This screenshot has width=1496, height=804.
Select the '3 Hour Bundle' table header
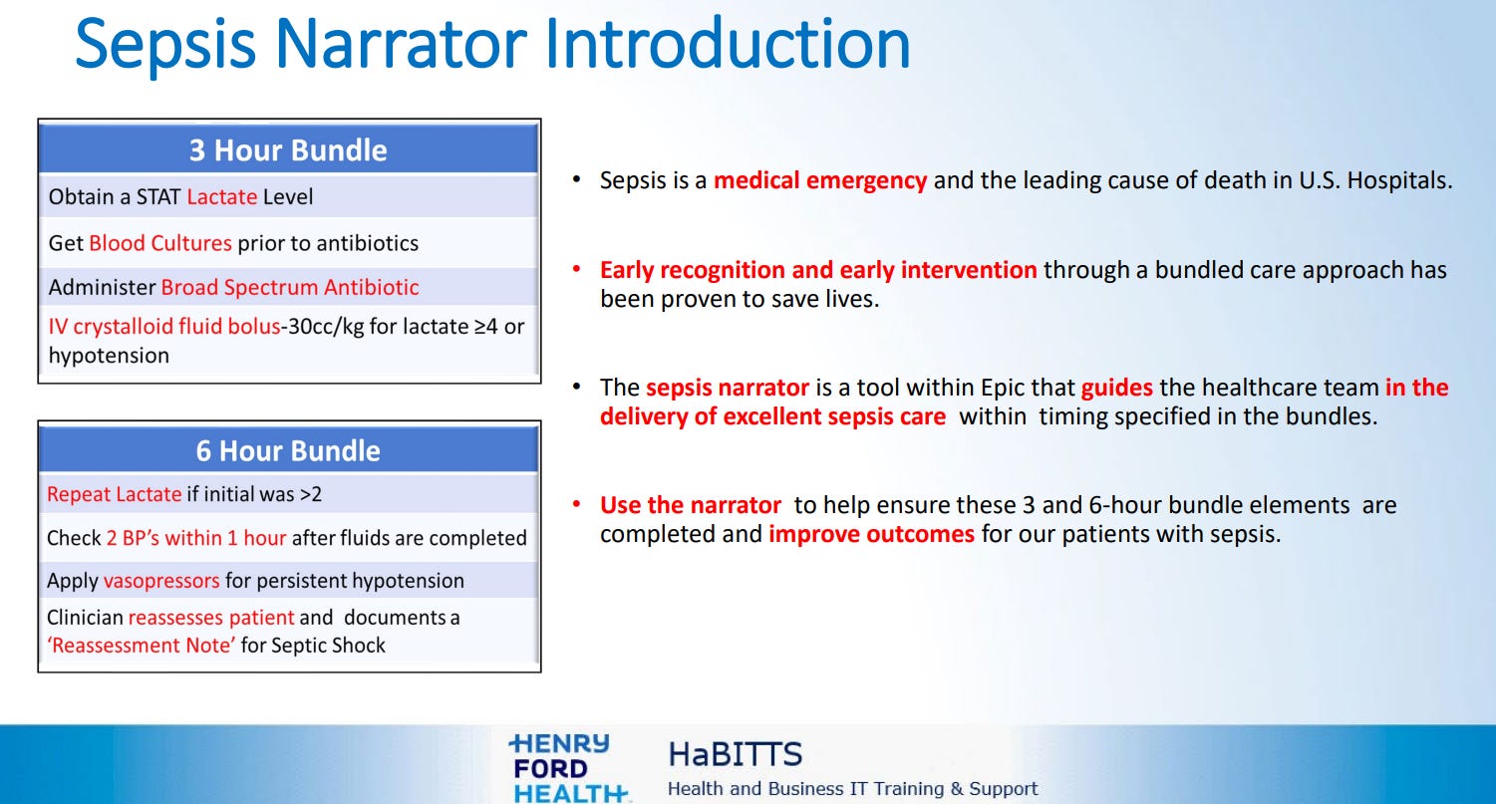pyautogui.click(x=288, y=150)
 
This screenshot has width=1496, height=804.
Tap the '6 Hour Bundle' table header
pyautogui.click(x=288, y=450)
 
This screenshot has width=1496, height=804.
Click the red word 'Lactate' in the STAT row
pyautogui.click(x=221, y=197)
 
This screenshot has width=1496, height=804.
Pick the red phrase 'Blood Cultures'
pyautogui.click(x=160, y=243)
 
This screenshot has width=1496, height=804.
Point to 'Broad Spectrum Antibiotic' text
pyautogui.click(x=290, y=288)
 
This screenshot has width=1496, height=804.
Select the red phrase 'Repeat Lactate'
pyautogui.click(x=114, y=494)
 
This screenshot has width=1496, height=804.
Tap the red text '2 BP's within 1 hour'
pyautogui.click(x=196, y=538)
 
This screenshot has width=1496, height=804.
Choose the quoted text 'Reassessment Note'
pyautogui.click(x=142, y=646)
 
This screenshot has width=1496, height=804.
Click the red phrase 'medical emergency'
pyautogui.click(x=820, y=180)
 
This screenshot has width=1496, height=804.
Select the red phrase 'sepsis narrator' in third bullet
pyautogui.click(x=727, y=388)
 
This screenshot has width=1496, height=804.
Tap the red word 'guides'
pyautogui.click(x=1117, y=388)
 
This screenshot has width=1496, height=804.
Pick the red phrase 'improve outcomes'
pyautogui.click(x=871, y=534)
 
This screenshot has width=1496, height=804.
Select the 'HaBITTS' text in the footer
pyautogui.click(x=735, y=754)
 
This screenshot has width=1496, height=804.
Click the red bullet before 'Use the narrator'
pyautogui.click(x=576, y=504)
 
